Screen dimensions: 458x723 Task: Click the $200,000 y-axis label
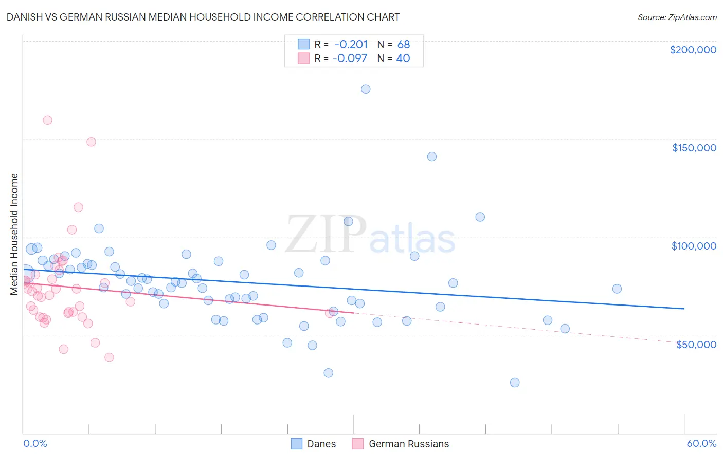click(693, 50)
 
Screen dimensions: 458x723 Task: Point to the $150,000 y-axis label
click(694, 148)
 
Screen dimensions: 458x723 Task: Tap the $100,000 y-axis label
click(694, 246)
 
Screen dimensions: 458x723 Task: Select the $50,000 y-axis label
click(696, 344)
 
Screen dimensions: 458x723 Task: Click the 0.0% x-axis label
click(35, 443)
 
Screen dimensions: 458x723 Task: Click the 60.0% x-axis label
click(701, 443)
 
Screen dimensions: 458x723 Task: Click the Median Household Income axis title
click(14, 234)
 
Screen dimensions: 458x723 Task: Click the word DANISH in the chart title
click(25, 17)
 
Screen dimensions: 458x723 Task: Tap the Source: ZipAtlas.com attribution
click(677, 17)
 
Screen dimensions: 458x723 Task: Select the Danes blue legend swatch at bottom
click(297, 444)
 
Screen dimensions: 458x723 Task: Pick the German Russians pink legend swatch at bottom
click(358, 444)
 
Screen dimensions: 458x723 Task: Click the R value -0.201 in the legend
click(351, 44)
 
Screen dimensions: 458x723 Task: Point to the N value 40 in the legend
click(403, 58)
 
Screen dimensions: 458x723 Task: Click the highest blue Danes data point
click(366, 89)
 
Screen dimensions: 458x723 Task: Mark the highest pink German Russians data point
click(47, 120)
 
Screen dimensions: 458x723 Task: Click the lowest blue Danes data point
click(515, 383)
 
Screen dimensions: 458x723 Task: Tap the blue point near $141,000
click(432, 157)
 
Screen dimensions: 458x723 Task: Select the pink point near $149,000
click(91, 142)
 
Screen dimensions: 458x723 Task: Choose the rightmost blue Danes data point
click(617, 289)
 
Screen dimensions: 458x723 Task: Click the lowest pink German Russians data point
click(109, 357)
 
